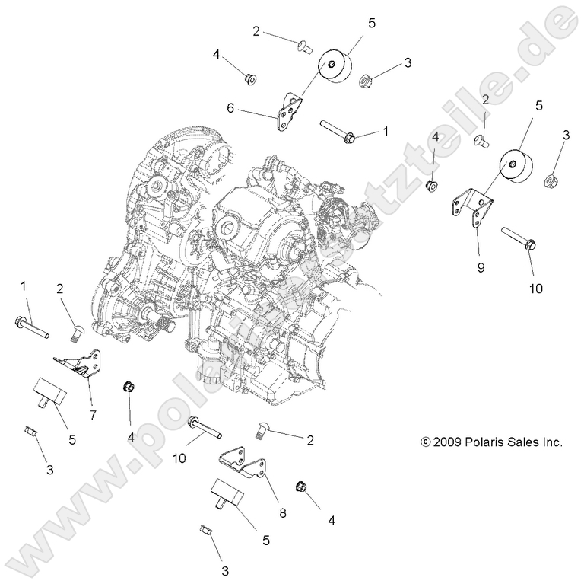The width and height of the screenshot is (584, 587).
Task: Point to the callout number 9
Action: point(481,268)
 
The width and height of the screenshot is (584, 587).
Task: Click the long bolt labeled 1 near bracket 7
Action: point(31,327)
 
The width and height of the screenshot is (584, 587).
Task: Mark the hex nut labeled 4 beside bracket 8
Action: point(300,488)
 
